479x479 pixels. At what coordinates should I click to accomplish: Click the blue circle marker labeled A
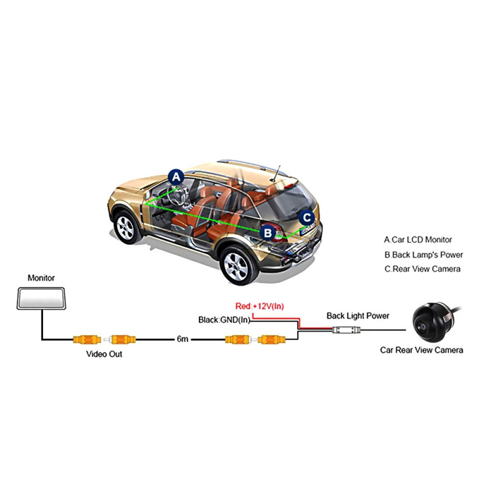click(175, 177)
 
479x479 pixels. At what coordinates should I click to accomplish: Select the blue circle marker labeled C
click(307, 217)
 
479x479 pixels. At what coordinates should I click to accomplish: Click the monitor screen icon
click(41, 298)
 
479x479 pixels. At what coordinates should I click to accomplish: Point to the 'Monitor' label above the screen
click(41, 278)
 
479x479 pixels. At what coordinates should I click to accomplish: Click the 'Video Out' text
click(104, 354)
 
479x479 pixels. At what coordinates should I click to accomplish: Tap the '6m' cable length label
click(183, 339)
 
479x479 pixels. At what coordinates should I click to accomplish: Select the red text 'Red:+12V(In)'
click(260, 307)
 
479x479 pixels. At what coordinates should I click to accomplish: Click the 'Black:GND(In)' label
click(224, 320)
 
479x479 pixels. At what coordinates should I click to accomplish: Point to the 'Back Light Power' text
click(357, 316)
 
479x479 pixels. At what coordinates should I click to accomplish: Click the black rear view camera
click(432, 323)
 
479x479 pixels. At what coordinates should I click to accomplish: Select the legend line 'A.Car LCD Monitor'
click(418, 239)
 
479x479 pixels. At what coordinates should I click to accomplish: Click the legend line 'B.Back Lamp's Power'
click(423, 254)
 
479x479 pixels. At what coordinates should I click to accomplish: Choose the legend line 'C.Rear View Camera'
click(422, 269)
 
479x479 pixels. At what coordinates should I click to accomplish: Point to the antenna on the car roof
click(277, 172)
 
